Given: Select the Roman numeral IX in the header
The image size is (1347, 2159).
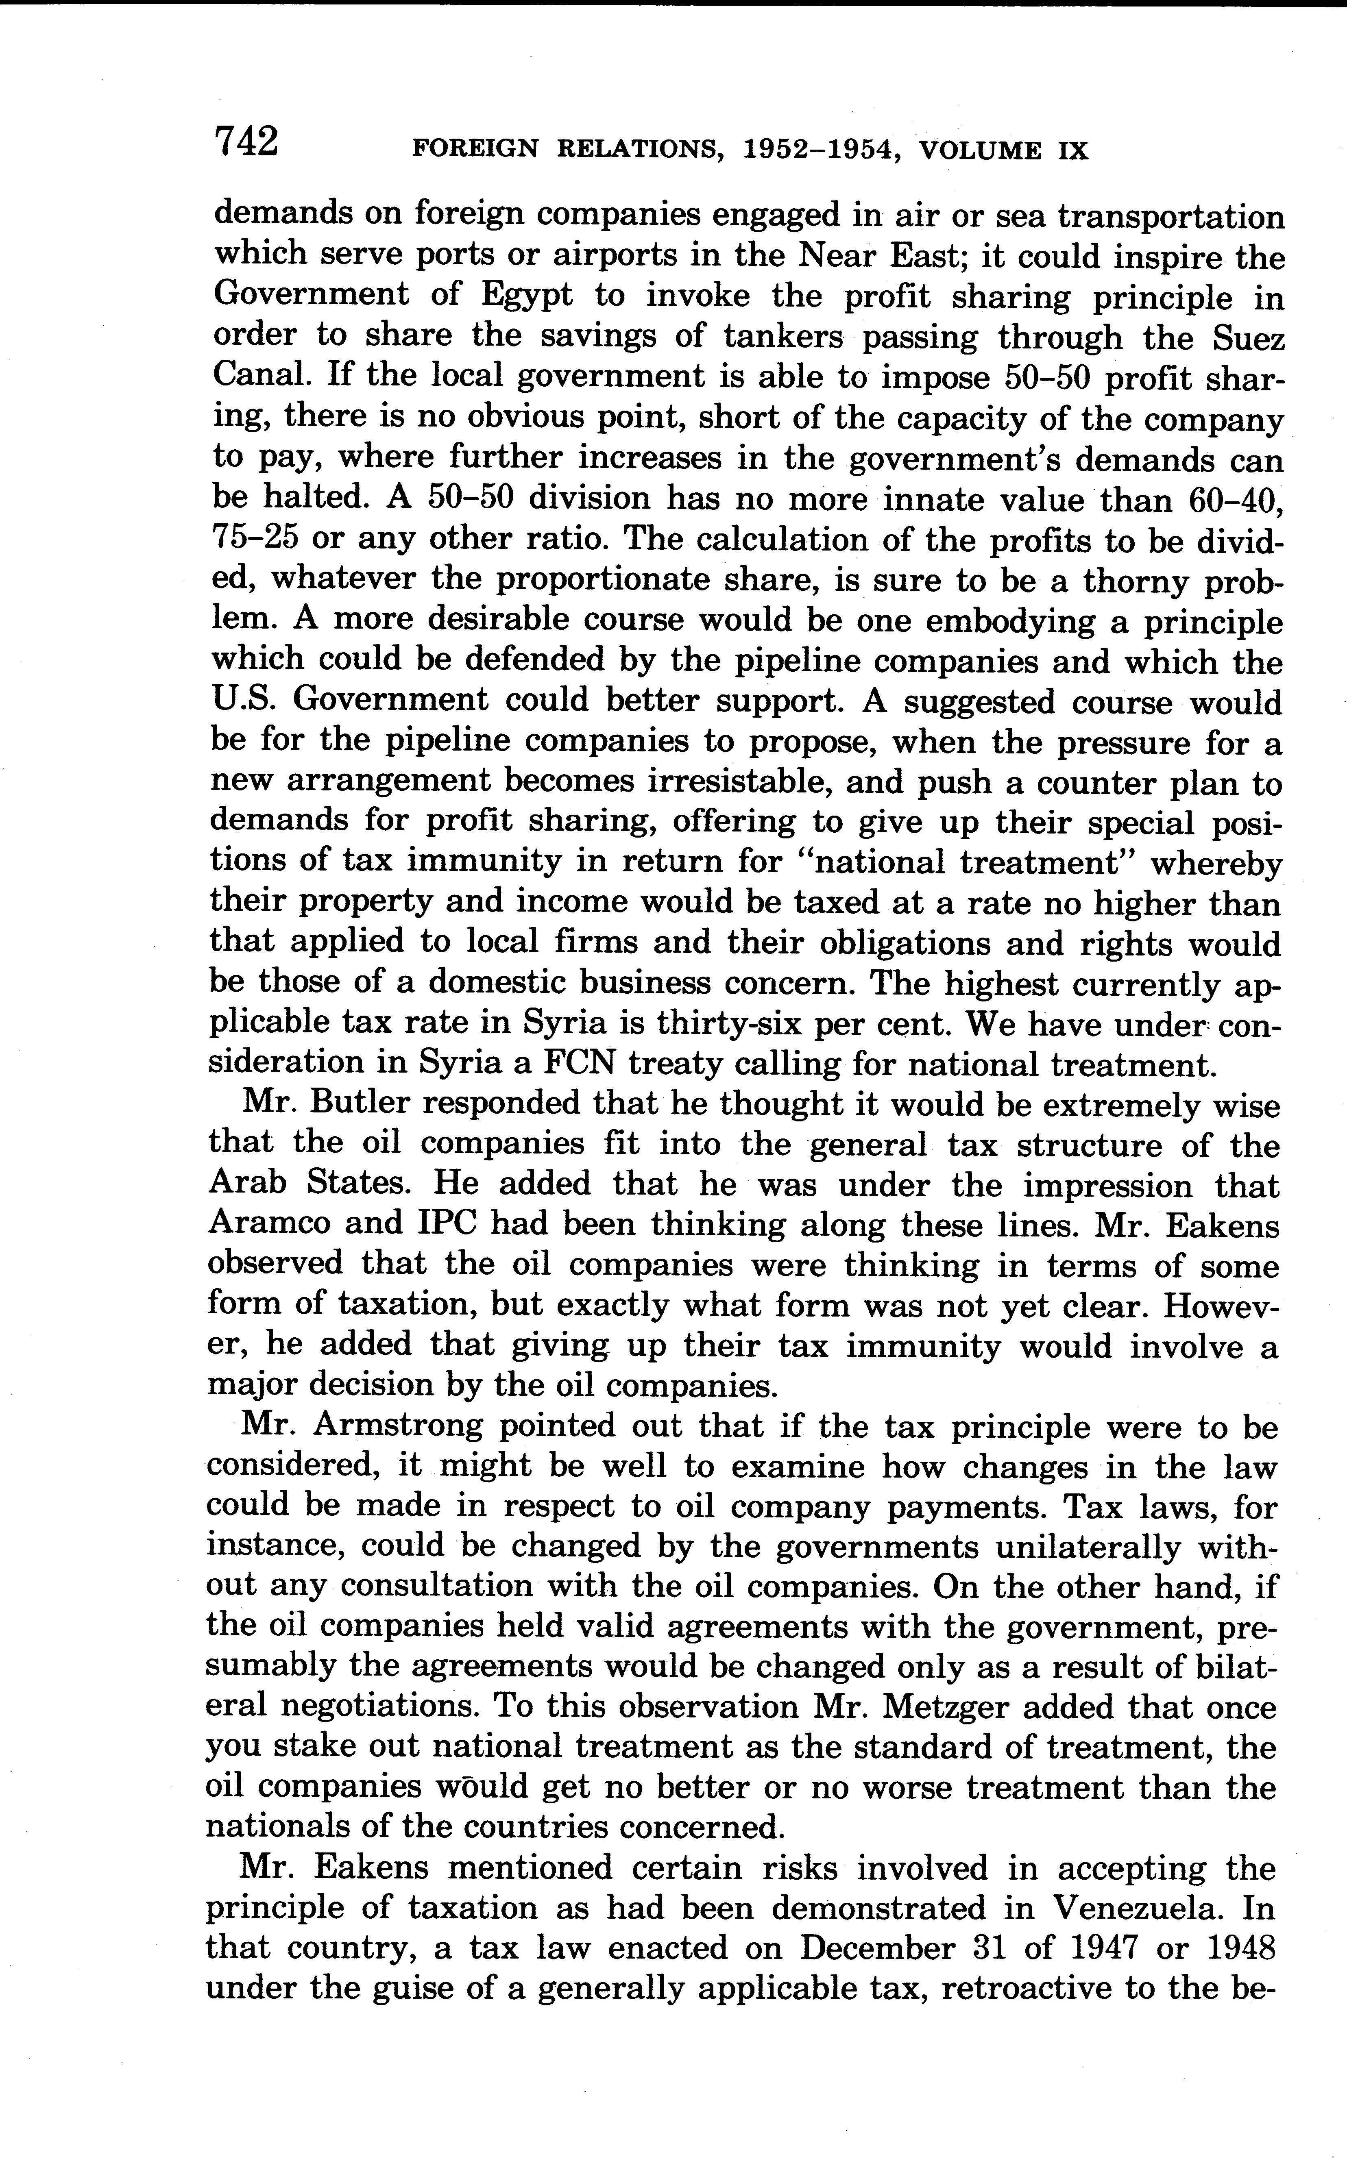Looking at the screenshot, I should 1072,150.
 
